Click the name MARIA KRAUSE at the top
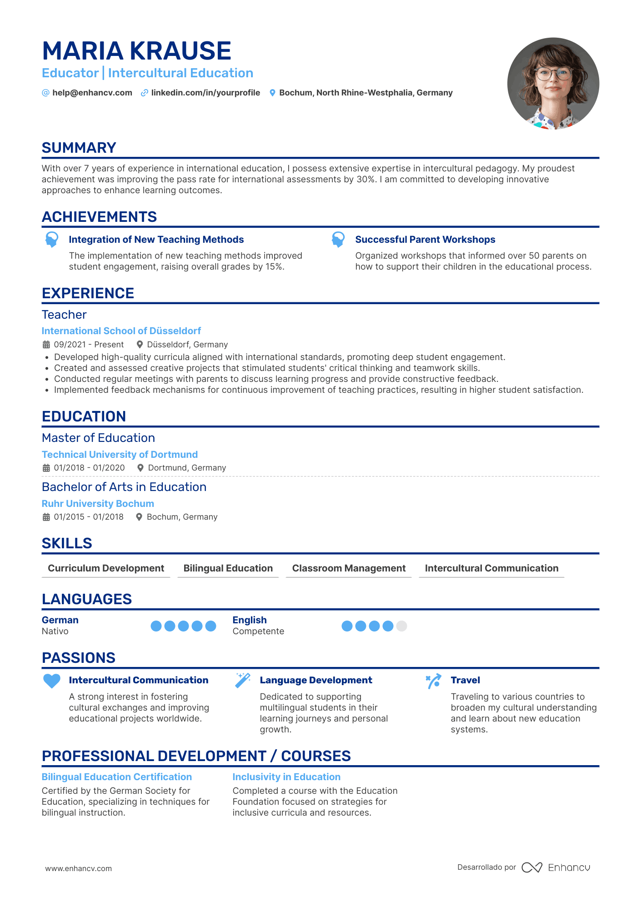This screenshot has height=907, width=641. click(x=136, y=50)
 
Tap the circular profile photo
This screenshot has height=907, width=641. click(x=553, y=84)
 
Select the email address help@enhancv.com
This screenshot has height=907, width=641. click(x=92, y=93)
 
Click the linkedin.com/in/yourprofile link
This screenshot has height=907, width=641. click(x=205, y=93)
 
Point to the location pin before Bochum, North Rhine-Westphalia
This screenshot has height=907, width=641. click(x=272, y=93)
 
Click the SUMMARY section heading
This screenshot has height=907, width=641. click(x=79, y=148)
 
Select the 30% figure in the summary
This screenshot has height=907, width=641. click(x=366, y=179)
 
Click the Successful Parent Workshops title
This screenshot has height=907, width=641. click(x=425, y=240)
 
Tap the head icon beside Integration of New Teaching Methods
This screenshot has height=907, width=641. click(x=52, y=239)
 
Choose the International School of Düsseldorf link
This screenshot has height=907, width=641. click(x=121, y=331)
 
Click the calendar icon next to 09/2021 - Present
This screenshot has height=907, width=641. click(x=46, y=345)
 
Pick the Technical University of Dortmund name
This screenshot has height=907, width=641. click(x=120, y=455)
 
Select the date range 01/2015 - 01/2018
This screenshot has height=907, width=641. click(x=89, y=517)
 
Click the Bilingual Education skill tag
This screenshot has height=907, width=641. click(x=228, y=568)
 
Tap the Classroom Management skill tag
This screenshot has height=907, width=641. click(x=349, y=568)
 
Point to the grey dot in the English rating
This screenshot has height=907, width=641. click(x=401, y=626)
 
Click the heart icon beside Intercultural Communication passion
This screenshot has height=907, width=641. click(x=52, y=681)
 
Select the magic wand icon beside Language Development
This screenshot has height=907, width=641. click(x=243, y=681)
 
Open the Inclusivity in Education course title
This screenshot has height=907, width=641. click(x=286, y=777)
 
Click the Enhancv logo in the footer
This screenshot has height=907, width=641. click(x=556, y=867)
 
